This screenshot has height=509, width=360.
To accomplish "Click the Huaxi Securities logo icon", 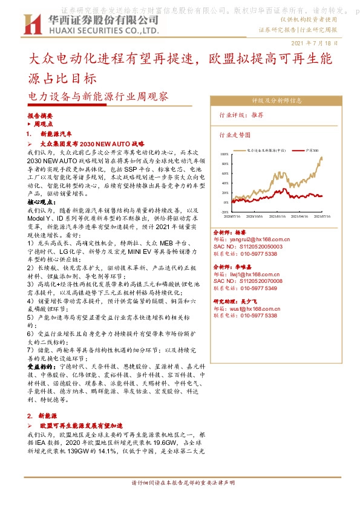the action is pos(27,24).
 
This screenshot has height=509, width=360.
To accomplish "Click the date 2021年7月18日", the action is pos(314,43).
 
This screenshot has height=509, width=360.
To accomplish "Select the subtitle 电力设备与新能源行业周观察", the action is pos(99,96).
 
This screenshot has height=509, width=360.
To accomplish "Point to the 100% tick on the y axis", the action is pos(224,154).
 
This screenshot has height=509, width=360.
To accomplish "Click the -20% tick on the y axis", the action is pos(224,212).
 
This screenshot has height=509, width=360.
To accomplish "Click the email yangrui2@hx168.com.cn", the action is pos(255,240).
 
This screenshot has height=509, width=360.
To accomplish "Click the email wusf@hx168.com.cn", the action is pos(252,308).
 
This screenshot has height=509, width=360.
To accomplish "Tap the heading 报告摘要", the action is pos(41,115).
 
